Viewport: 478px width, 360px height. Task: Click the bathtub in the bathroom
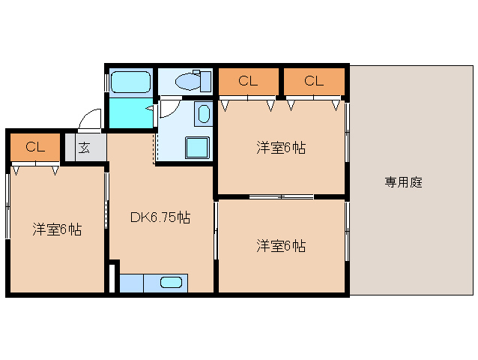131,82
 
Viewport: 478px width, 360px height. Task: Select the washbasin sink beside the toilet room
203,114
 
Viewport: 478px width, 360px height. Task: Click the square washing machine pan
197,147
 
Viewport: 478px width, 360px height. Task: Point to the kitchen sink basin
172,283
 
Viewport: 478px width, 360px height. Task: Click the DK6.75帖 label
160,218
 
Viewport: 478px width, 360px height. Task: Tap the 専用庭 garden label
404,182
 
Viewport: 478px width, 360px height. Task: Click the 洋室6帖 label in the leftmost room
57,229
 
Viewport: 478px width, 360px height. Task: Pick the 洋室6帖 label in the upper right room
281,147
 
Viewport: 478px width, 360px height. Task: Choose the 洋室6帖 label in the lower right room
281,245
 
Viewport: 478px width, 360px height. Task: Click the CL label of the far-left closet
34,147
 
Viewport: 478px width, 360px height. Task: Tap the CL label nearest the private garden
313,81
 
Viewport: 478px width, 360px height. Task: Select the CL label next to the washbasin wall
248,81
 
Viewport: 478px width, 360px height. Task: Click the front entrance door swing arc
91,119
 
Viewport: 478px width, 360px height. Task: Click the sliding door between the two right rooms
281,197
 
